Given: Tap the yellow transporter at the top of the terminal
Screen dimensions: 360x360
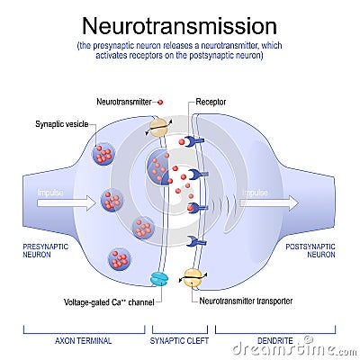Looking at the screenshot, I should pos(159,127).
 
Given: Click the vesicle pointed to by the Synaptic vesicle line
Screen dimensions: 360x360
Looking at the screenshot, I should pos(103,155).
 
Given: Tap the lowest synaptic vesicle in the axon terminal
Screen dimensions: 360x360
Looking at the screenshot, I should pos(119,259).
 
